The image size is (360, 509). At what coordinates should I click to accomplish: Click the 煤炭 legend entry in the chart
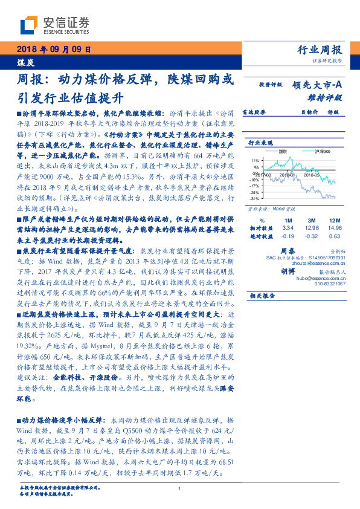point(281,151)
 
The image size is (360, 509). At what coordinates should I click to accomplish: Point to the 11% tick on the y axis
point(256,160)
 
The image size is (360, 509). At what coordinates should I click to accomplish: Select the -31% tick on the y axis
point(256,198)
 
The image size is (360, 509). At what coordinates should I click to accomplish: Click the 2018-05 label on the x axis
point(310,174)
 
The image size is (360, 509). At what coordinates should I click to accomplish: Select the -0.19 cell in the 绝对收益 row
point(288,237)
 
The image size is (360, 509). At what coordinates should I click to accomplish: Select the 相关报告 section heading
point(262,296)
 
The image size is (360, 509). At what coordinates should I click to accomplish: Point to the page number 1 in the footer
point(180,488)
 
